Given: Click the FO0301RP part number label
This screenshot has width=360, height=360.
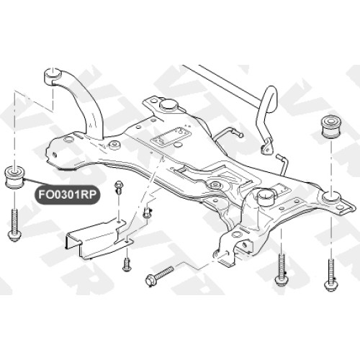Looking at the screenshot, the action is click(67, 194).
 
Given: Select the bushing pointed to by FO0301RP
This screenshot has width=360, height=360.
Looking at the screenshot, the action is click(16, 178).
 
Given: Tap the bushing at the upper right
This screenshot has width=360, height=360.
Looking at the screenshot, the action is click(333, 127).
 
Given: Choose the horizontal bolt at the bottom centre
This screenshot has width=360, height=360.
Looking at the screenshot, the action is click(160, 275).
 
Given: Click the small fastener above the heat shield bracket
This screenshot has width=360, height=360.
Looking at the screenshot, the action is click(119, 186).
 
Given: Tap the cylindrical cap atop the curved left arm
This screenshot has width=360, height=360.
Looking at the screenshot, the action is click(53, 76).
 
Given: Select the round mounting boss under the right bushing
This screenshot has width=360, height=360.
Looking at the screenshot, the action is click(331, 197).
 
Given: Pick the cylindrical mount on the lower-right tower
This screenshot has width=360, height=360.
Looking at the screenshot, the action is click(266, 197).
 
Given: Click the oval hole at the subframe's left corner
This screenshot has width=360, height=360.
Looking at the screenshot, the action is click(68, 139).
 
